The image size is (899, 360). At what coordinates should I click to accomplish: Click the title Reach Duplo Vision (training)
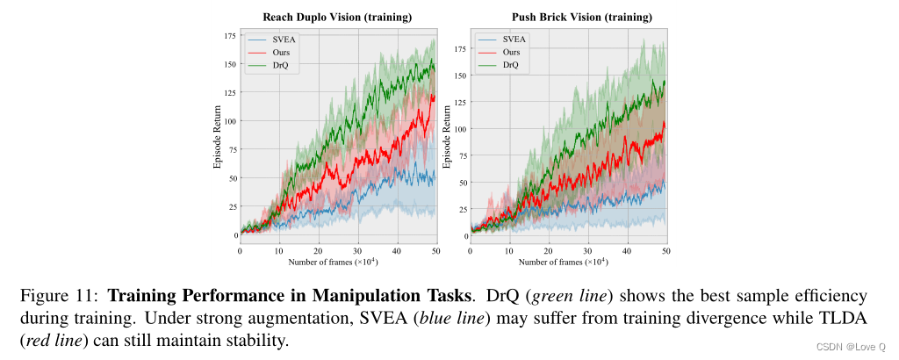tap(338, 18)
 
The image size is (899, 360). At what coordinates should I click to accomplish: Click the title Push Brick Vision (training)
tap(569, 18)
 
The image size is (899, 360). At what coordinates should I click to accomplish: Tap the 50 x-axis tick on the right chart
tap(666, 251)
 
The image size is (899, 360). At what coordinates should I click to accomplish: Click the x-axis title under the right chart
tap(569, 262)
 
